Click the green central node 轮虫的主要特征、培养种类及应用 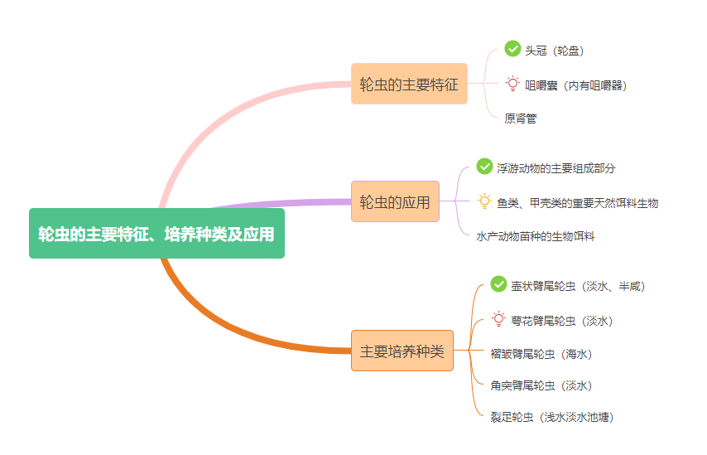coord(156,234)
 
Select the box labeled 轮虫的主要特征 coord(409,84)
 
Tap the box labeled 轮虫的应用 coord(395,201)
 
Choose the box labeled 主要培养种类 coord(402,351)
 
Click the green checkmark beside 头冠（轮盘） coord(512,49)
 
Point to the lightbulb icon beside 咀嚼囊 coord(512,84)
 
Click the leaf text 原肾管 coord(521,119)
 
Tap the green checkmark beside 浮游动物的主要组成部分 coord(484,166)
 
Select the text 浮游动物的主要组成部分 coord(556,167)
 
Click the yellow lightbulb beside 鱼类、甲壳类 coord(484,201)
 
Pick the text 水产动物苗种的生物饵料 coord(536,236)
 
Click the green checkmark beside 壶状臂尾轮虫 coord(498,284)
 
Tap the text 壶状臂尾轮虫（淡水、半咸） coord(578,286)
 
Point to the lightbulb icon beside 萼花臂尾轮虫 coord(498,319)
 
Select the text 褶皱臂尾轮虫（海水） coord(541,354)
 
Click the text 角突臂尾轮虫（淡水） coord(541,385)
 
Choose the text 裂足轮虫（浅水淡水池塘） coord(552,417)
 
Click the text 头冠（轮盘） coord(555,51)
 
